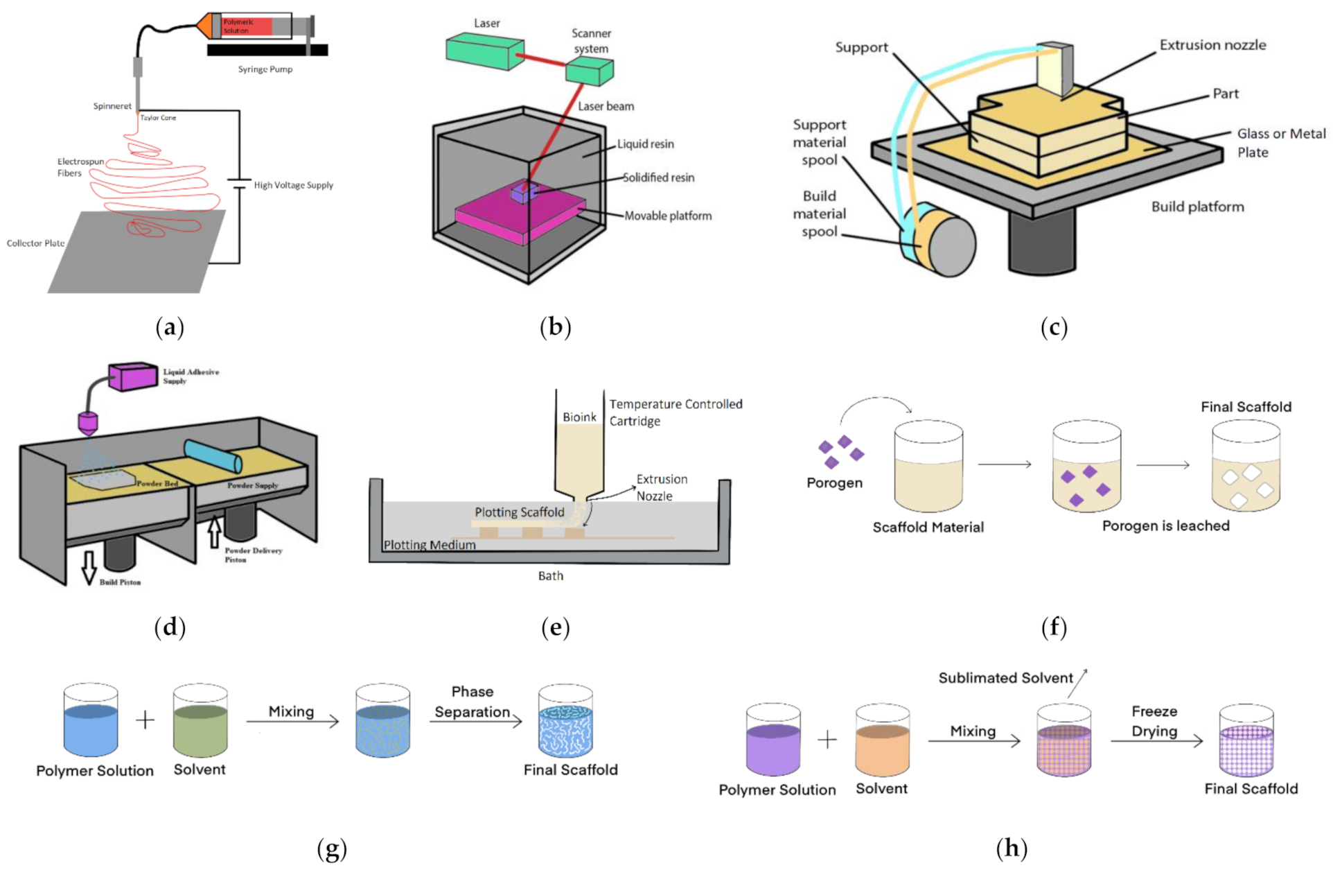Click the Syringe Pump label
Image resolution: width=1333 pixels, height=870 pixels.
pos(265,69)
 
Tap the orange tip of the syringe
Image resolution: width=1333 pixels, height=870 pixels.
pos(204,26)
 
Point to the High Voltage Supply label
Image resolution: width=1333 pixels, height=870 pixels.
pos(293,185)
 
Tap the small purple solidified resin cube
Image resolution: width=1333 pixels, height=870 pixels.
pos(523,192)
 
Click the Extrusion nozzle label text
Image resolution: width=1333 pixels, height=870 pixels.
pos(1212,45)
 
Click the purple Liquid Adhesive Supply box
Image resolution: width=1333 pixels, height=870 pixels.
pos(133,376)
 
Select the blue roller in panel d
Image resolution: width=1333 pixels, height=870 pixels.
pos(213,456)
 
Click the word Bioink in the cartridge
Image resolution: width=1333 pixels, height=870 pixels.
pos(579,417)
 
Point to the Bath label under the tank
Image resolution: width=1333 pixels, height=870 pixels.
pos(551,575)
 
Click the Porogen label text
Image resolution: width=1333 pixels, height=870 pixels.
pos(834,482)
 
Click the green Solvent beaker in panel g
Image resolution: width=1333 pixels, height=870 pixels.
pos(200,721)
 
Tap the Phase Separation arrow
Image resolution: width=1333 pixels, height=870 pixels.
pos(475,722)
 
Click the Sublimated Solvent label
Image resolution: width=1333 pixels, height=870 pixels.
pos(1005,678)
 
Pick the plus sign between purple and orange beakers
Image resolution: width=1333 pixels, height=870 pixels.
pos(827,740)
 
